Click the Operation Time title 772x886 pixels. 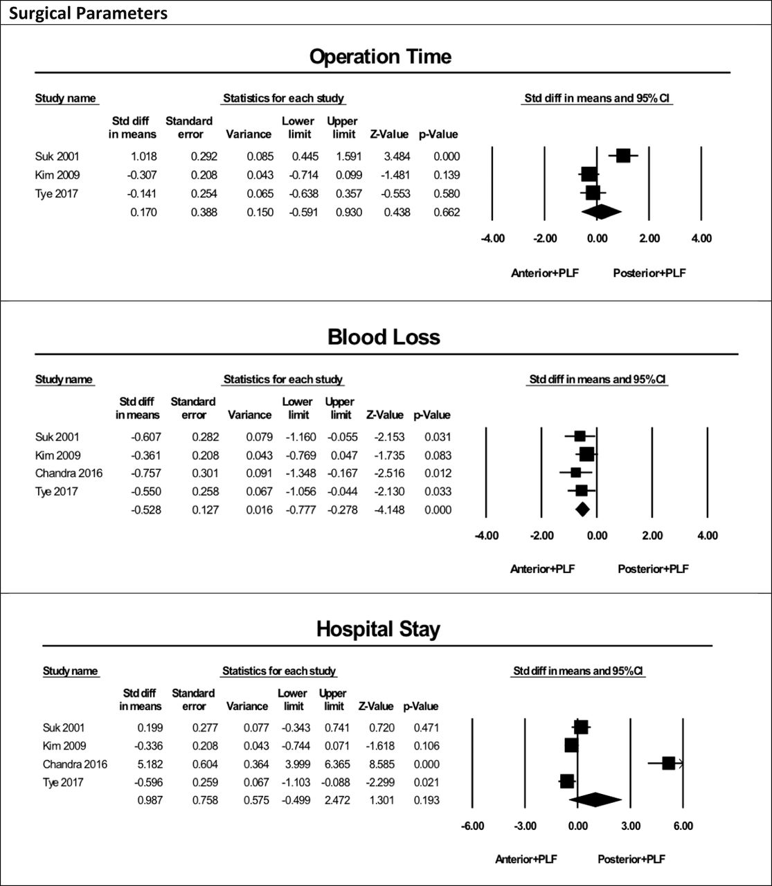click(380, 56)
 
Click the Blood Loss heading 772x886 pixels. click(384, 337)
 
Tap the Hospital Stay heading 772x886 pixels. click(378, 629)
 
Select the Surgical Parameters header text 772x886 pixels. click(89, 13)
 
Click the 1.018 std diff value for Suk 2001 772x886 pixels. click(144, 156)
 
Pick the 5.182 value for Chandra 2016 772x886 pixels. click(150, 764)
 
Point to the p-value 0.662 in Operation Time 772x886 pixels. click(447, 213)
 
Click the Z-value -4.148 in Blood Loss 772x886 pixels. click(390, 509)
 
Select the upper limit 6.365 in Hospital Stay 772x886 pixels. click(337, 764)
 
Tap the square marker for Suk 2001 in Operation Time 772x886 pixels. click(623, 156)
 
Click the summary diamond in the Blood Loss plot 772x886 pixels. click(582, 509)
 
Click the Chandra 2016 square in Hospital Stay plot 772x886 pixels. click(669, 763)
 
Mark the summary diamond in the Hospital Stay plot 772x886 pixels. click(595, 799)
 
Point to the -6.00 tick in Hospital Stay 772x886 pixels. click(472, 826)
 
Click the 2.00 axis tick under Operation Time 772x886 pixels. click(649, 238)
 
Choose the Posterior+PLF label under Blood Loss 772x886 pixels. click(653, 569)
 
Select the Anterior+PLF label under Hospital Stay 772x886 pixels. click(526, 859)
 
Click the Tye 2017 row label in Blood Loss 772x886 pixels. click(56, 491)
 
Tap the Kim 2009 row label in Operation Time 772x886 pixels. click(57, 175)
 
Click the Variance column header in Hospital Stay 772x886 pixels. click(246, 706)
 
